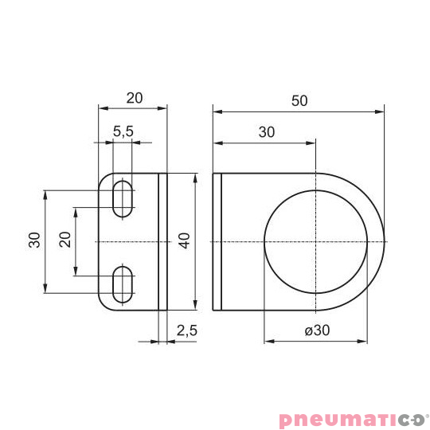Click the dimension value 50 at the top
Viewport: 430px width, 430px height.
(299, 100)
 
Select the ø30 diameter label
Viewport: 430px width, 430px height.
(316, 330)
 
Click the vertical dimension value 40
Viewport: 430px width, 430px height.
(185, 241)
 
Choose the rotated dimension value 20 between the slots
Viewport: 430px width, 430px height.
(65, 241)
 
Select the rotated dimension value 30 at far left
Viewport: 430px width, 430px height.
(34, 241)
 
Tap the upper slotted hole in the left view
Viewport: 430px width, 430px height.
(123, 198)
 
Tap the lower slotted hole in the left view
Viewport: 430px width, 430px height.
(123, 284)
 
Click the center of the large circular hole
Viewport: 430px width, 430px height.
(315, 241)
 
